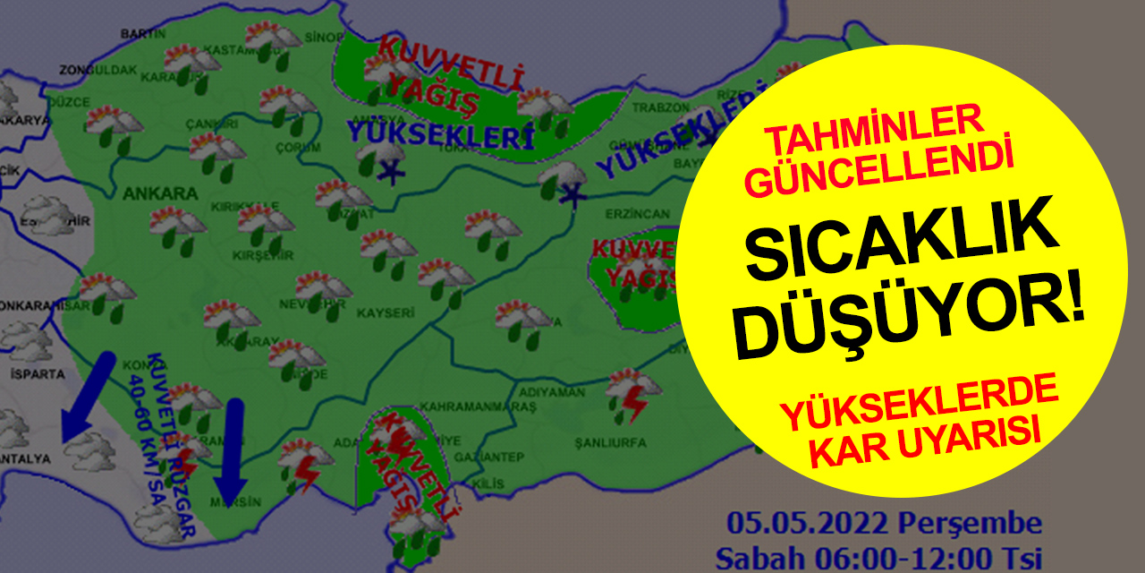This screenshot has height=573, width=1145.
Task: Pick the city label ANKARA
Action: [148, 193]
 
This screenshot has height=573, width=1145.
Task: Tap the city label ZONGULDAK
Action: [86, 69]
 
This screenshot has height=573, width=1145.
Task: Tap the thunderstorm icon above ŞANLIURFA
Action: [633, 395]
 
